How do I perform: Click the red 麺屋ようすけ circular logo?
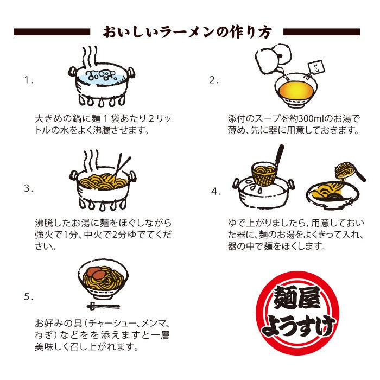(297, 313)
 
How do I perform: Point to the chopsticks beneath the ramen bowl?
(104, 306)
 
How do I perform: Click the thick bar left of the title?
(52, 32)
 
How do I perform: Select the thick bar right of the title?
(321, 32)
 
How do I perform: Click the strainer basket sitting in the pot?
(265, 173)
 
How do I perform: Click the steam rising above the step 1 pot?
(90, 57)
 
